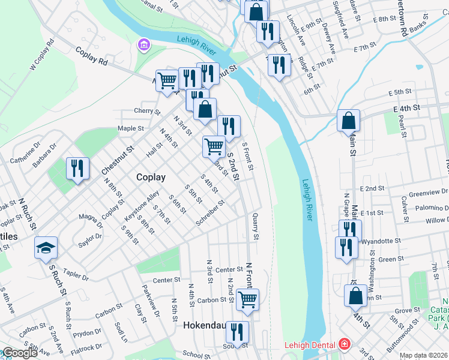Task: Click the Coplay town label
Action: point(151,177)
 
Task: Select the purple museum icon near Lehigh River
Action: point(143,44)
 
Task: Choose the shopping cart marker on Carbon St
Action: point(247,299)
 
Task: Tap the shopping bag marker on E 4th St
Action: point(348,121)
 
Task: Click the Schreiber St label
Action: point(210,214)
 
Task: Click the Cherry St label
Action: point(147,111)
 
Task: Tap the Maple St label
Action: point(131,128)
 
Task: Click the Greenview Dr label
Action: point(427,193)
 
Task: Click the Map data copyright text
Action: point(424,355)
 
